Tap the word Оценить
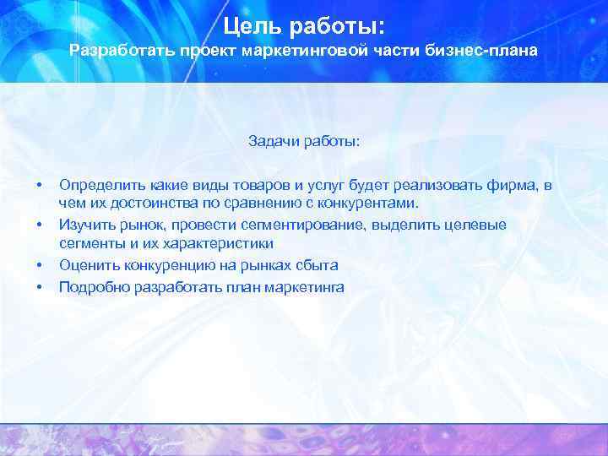tap(85, 265)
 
